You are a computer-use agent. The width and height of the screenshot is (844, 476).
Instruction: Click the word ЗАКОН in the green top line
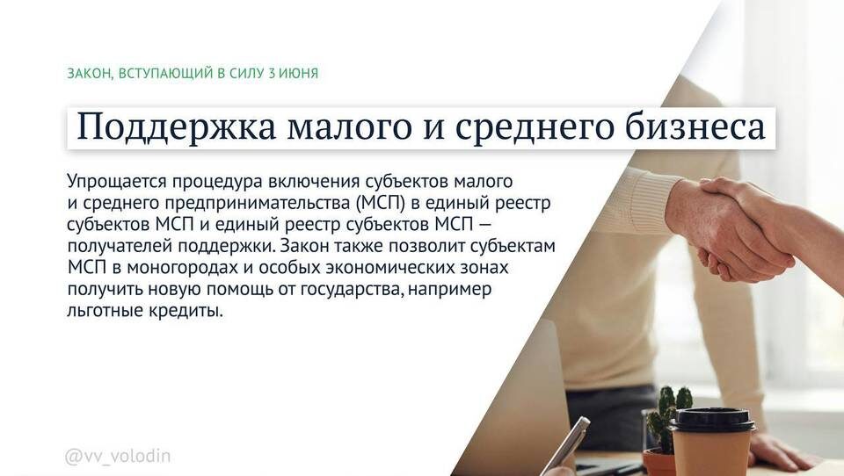[x=88, y=73]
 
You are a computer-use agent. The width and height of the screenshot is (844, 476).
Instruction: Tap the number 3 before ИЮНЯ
[x=271, y=73]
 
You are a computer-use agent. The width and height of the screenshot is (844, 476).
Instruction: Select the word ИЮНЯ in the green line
[x=298, y=73]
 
